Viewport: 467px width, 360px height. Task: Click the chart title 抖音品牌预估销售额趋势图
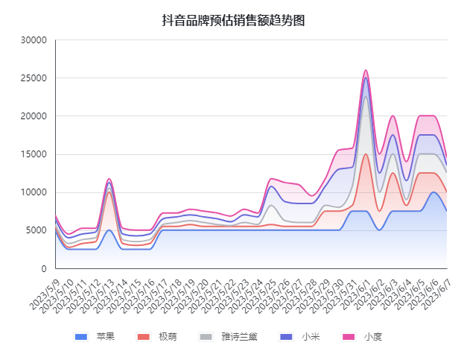pos(233,21)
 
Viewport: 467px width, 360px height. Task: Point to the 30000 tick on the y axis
pos(34,40)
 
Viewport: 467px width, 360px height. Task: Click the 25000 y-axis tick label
pos(34,78)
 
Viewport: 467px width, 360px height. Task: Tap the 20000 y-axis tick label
pos(34,116)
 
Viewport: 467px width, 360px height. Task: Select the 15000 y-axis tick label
pos(34,154)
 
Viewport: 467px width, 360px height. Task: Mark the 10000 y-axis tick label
pos(34,192)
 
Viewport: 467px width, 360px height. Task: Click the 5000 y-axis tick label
pos(36,230)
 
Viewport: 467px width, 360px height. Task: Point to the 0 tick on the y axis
pos(44,268)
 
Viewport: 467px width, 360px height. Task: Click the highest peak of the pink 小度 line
pos(366,70)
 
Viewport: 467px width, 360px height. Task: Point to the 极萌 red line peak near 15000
pos(366,154)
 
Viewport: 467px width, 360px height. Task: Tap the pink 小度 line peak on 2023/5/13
pos(109,179)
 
